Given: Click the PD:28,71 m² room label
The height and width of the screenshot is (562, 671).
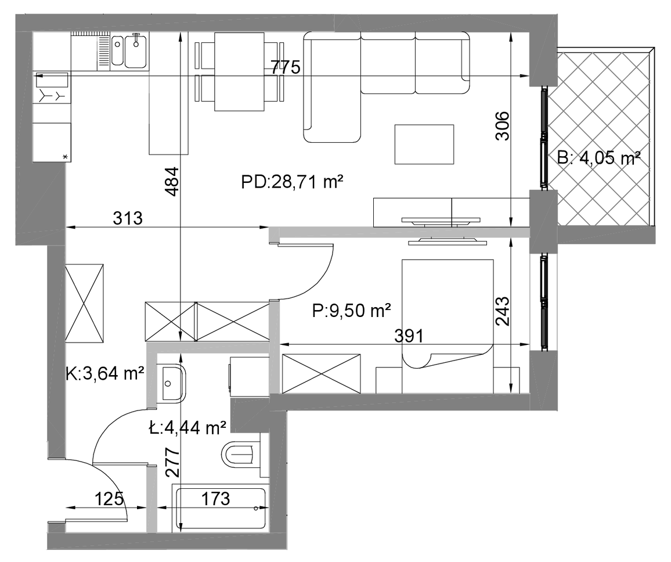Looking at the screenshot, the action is (293, 182).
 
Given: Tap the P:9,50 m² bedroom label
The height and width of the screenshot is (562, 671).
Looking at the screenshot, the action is (351, 310).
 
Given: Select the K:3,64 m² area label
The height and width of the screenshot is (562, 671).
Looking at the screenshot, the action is (104, 374).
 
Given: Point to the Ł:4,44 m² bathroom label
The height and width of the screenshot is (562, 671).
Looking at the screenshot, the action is (187, 428).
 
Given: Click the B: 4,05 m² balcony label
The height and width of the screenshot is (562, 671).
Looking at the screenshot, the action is (598, 158).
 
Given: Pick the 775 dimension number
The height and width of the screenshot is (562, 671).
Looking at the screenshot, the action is (286, 67).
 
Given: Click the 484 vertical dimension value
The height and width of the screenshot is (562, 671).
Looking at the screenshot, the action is (172, 182).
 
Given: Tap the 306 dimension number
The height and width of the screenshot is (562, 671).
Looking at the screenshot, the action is (502, 126).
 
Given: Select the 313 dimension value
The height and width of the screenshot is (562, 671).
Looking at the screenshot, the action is (128, 218).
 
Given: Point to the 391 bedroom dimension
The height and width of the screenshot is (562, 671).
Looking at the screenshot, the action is (409, 336).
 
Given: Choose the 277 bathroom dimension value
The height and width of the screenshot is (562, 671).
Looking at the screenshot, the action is (172, 463).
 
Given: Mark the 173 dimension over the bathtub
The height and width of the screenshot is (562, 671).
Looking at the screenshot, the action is (215, 499).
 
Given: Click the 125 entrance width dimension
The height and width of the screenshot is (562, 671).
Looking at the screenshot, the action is (109, 499).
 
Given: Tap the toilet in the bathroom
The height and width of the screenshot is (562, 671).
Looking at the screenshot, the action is (241, 453).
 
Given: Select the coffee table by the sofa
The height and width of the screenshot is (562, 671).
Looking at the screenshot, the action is (424, 144).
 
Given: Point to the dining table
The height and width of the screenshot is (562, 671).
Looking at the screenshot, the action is (239, 71).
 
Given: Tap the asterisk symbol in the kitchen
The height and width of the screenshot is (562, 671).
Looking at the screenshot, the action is (66, 157).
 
